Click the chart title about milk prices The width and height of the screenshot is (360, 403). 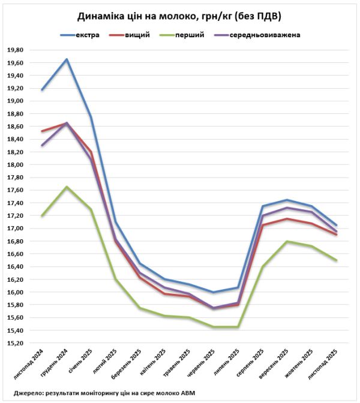(x=180, y=16)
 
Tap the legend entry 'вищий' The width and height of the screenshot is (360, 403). (x=137, y=35)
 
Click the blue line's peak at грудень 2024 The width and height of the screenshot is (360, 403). (x=67, y=59)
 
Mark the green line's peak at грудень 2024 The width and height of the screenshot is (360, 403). (x=67, y=187)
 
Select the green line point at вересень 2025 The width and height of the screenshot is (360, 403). (x=288, y=241)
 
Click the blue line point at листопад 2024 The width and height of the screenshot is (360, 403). (x=42, y=90)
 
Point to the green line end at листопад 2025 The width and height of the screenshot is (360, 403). (x=337, y=260)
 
